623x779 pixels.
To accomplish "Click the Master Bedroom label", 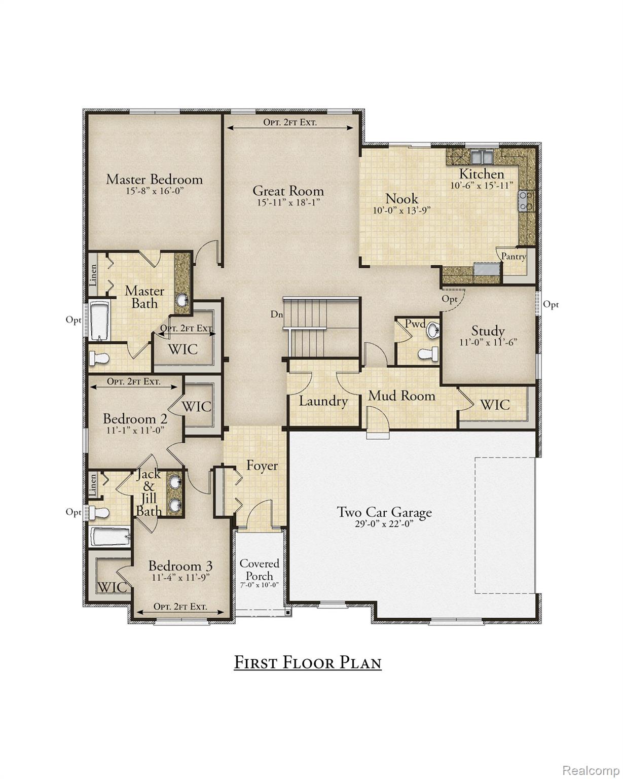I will point(154,180).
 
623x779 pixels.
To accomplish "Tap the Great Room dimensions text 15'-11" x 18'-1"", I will point(288,202).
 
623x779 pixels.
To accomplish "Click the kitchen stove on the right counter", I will point(524,200).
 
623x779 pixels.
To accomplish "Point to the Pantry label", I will point(513,257).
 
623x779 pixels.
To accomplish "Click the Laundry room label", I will point(323,401).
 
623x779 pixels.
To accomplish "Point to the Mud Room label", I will point(401,396).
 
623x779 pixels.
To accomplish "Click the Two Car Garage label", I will point(385,512).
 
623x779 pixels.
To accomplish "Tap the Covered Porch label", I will point(259,570).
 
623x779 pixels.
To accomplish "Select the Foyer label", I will point(262,465).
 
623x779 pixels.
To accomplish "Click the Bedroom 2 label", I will point(135,419).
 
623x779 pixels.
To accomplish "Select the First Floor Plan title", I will point(308,662).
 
